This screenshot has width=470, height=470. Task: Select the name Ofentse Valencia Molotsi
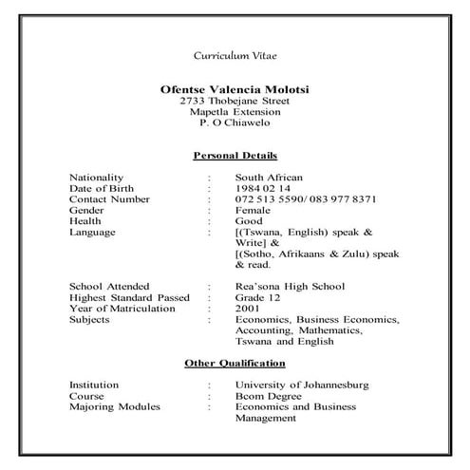(x=235, y=89)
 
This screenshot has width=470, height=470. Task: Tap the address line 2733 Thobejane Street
(x=235, y=101)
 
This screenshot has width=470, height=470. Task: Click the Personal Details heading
(x=235, y=155)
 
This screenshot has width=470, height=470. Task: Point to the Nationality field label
(x=97, y=178)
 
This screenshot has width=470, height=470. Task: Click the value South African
(x=269, y=178)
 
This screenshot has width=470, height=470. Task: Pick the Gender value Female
(x=253, y=210)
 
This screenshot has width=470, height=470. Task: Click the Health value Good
(x=249, y=221)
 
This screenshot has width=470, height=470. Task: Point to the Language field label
(x=92, y=232)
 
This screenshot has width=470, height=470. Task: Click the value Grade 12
(x=256, y=298)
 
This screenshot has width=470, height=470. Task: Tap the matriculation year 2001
(x=248, y=309)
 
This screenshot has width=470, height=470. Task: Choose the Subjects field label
(x=89, y=320)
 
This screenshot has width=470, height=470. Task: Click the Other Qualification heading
(x=235, y=364)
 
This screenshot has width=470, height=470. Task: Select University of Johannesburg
(x=301, y=385)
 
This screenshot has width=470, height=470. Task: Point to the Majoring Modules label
(x=115, y=407)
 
